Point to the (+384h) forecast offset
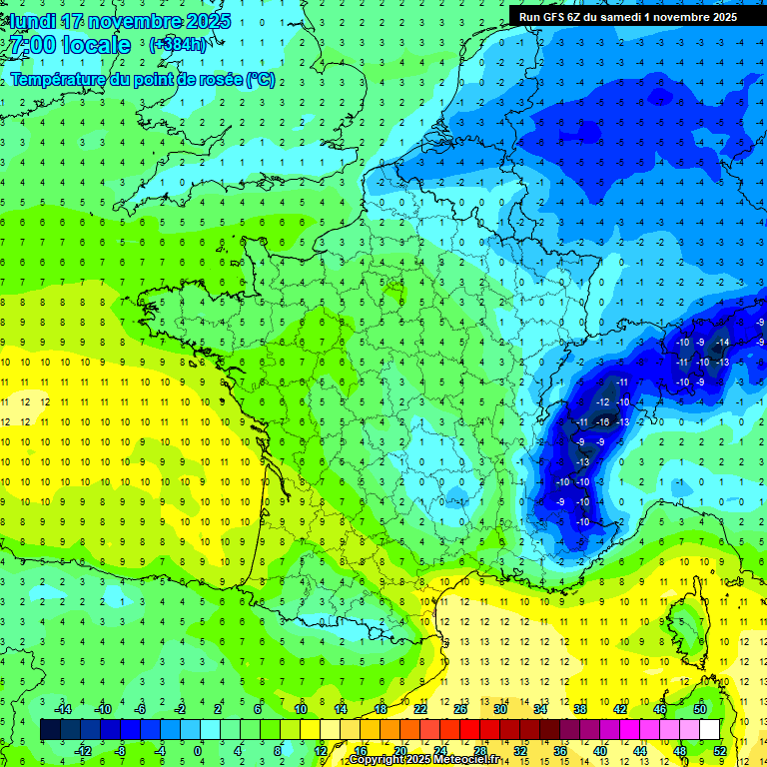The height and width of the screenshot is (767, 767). [177, 45]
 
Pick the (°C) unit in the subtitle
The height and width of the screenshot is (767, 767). [260, 80]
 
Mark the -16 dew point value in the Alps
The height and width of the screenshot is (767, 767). [603, 422]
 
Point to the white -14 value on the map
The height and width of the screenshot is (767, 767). [722, 343]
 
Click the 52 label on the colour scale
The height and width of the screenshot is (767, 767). [719, 750]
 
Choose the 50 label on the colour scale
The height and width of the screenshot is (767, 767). [699, 709]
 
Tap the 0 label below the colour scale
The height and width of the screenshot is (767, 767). [198, 750]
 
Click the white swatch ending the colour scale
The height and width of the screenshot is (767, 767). [709, 730]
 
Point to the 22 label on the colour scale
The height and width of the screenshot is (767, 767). [419, 709]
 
